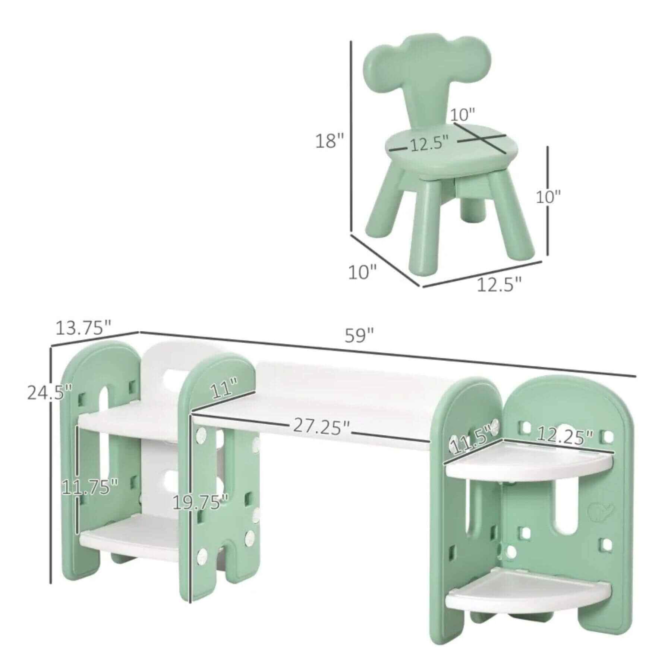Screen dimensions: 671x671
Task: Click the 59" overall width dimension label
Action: [359, 335]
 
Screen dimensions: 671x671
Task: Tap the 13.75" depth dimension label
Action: [84, 328]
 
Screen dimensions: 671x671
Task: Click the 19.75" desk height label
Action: [201, 503]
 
